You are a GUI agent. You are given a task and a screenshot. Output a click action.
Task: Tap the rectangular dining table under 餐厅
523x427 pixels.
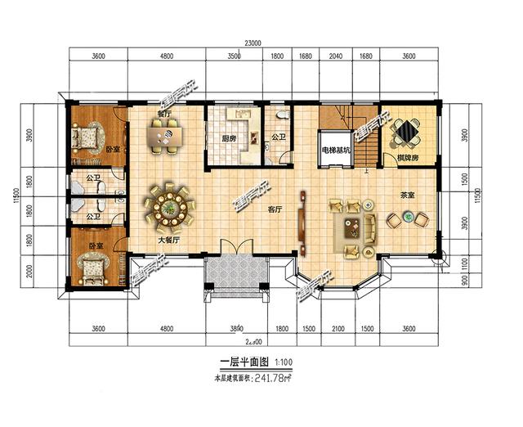click(164, 136)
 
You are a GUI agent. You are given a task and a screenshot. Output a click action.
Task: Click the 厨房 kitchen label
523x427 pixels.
click(229, 138)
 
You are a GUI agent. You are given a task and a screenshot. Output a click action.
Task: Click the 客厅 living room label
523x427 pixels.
click(275, 209)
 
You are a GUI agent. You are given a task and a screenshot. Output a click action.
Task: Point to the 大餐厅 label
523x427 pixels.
click(168, 241)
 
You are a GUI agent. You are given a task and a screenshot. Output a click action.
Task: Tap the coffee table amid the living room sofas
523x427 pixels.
click(353, 223)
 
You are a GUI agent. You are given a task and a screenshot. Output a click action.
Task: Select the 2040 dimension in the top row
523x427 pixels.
click(335, 56)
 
